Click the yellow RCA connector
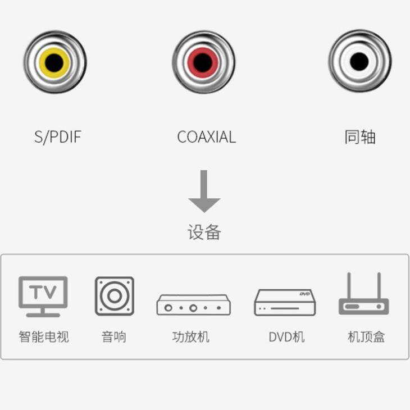[55, 62]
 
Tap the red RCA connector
[203, 62]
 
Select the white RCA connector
[359, 61]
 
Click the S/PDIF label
[58, 137]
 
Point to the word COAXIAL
[206, 137]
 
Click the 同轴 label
[360, 137]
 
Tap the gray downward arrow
[204, 191]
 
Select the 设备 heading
[204, 232]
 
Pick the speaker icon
[114, 296]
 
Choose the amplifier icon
[193, 304]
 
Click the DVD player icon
[285, 302]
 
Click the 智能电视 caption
[44, 337]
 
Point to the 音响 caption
[114, 337]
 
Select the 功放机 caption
[191, 337]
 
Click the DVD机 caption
[286, 337]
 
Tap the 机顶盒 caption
[366, 337]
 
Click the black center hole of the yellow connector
[54, 62]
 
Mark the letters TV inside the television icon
[43, 292]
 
